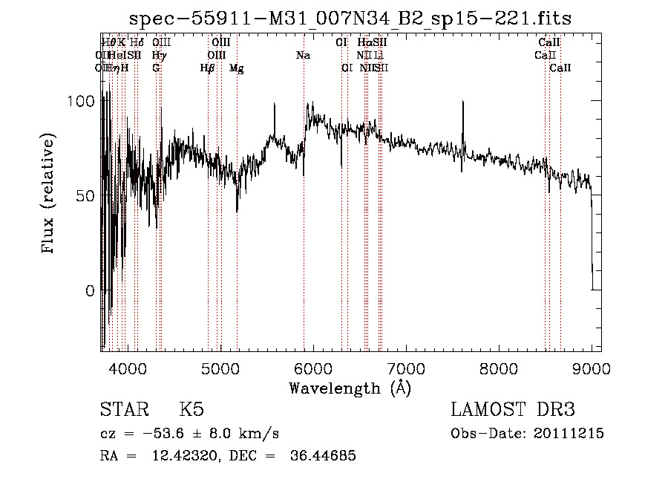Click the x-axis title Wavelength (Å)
(x=350, y=388)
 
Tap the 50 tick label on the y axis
(x=88, y=196)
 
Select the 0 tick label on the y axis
(x=91, y=291)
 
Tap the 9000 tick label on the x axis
(x=591, y=368)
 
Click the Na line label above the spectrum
(x=303, y=55)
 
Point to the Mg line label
(x=236, y=68)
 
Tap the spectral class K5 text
(x=191, y=410)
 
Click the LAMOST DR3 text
(x=513, y=410)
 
